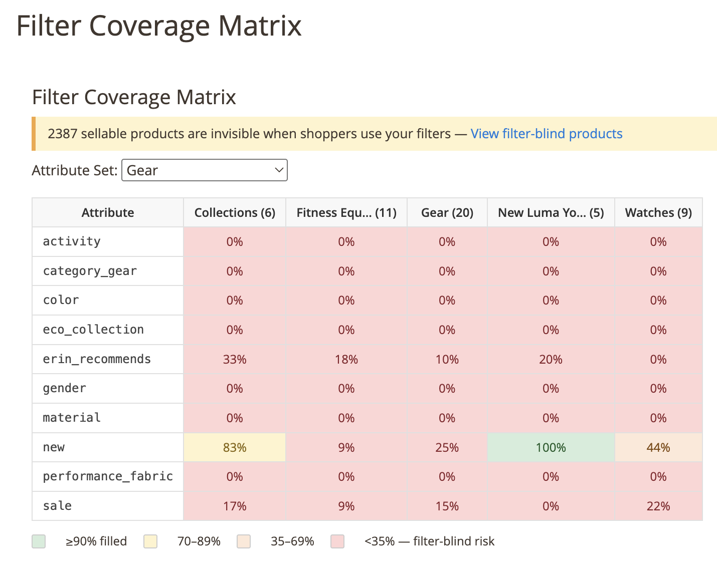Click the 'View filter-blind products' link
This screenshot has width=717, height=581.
546,134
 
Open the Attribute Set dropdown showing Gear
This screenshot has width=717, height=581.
204,170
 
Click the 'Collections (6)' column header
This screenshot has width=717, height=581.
235,213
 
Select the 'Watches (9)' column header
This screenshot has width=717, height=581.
658,213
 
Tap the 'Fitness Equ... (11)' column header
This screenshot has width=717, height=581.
346,213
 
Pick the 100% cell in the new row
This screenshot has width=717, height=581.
551,447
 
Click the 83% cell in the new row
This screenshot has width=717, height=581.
235,447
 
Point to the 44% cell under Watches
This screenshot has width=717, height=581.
658,447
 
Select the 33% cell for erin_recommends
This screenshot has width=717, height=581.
235,360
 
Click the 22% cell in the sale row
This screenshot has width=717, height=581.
658,506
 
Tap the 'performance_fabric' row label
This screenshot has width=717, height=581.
108,476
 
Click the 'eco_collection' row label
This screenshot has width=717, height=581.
93,330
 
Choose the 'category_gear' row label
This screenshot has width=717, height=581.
90,271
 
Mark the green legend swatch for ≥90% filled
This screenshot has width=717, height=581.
39,541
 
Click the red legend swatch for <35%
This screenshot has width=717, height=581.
337,541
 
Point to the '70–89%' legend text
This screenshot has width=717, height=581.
199,541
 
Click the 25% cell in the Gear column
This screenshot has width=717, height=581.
447,447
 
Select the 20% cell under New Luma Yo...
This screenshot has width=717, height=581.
551,360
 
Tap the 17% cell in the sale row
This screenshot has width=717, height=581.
235,506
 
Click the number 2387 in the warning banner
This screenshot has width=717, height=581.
62,134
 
